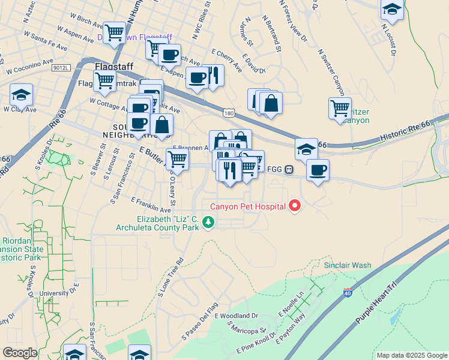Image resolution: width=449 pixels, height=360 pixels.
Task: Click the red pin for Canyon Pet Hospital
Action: [x=295, y=206]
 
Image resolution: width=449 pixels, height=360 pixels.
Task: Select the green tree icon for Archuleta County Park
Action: [x=208, y=223]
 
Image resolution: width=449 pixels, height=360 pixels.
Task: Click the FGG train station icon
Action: [x=289, y=170]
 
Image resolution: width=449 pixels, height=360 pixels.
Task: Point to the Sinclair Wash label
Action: [x=348, y=265]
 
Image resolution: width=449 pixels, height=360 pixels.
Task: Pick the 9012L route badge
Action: [x=61, y=68]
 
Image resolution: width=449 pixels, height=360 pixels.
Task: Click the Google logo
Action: [x=20, y=353]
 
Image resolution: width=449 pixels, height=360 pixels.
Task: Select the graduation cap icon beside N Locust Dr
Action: [x=391, y=9]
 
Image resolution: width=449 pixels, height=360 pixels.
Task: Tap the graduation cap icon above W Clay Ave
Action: [x=21, y=94]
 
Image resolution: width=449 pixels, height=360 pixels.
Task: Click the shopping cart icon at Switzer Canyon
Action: [x=340, y=108]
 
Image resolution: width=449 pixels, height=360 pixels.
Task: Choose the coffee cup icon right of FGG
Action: [x=318, y=169]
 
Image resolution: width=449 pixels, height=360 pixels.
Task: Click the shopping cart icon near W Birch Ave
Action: [x=114, y=32]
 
